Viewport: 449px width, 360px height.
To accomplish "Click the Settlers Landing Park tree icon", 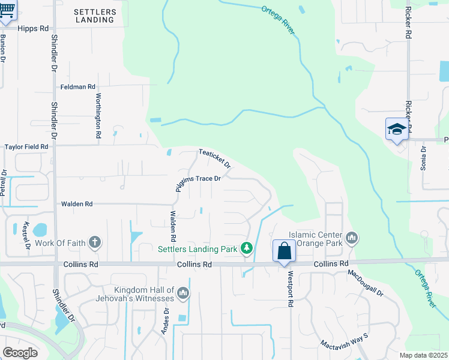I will (x=246, y=248).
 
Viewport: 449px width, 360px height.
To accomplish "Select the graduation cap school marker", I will (x=397, y=129).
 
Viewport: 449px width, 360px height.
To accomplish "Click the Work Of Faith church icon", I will (x=94, y=242).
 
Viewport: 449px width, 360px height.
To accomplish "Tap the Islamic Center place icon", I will (x=352, y=239).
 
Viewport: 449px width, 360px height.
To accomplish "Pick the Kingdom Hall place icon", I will (x=183, y=293).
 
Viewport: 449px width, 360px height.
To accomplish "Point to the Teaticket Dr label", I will (x=215, y=159).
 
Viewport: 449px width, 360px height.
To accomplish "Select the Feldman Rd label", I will (x=78, y=87).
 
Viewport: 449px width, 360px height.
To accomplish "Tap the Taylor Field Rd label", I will (x=26, y=146).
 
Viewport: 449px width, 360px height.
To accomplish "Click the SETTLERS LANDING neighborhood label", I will (x=95, y=16).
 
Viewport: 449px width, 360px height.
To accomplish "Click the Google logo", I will (x=20, y=352).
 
